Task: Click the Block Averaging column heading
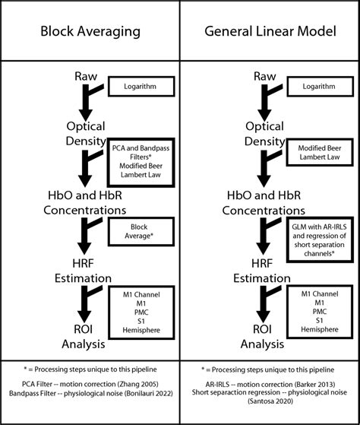(90, 33)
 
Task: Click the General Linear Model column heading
(270, 33)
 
